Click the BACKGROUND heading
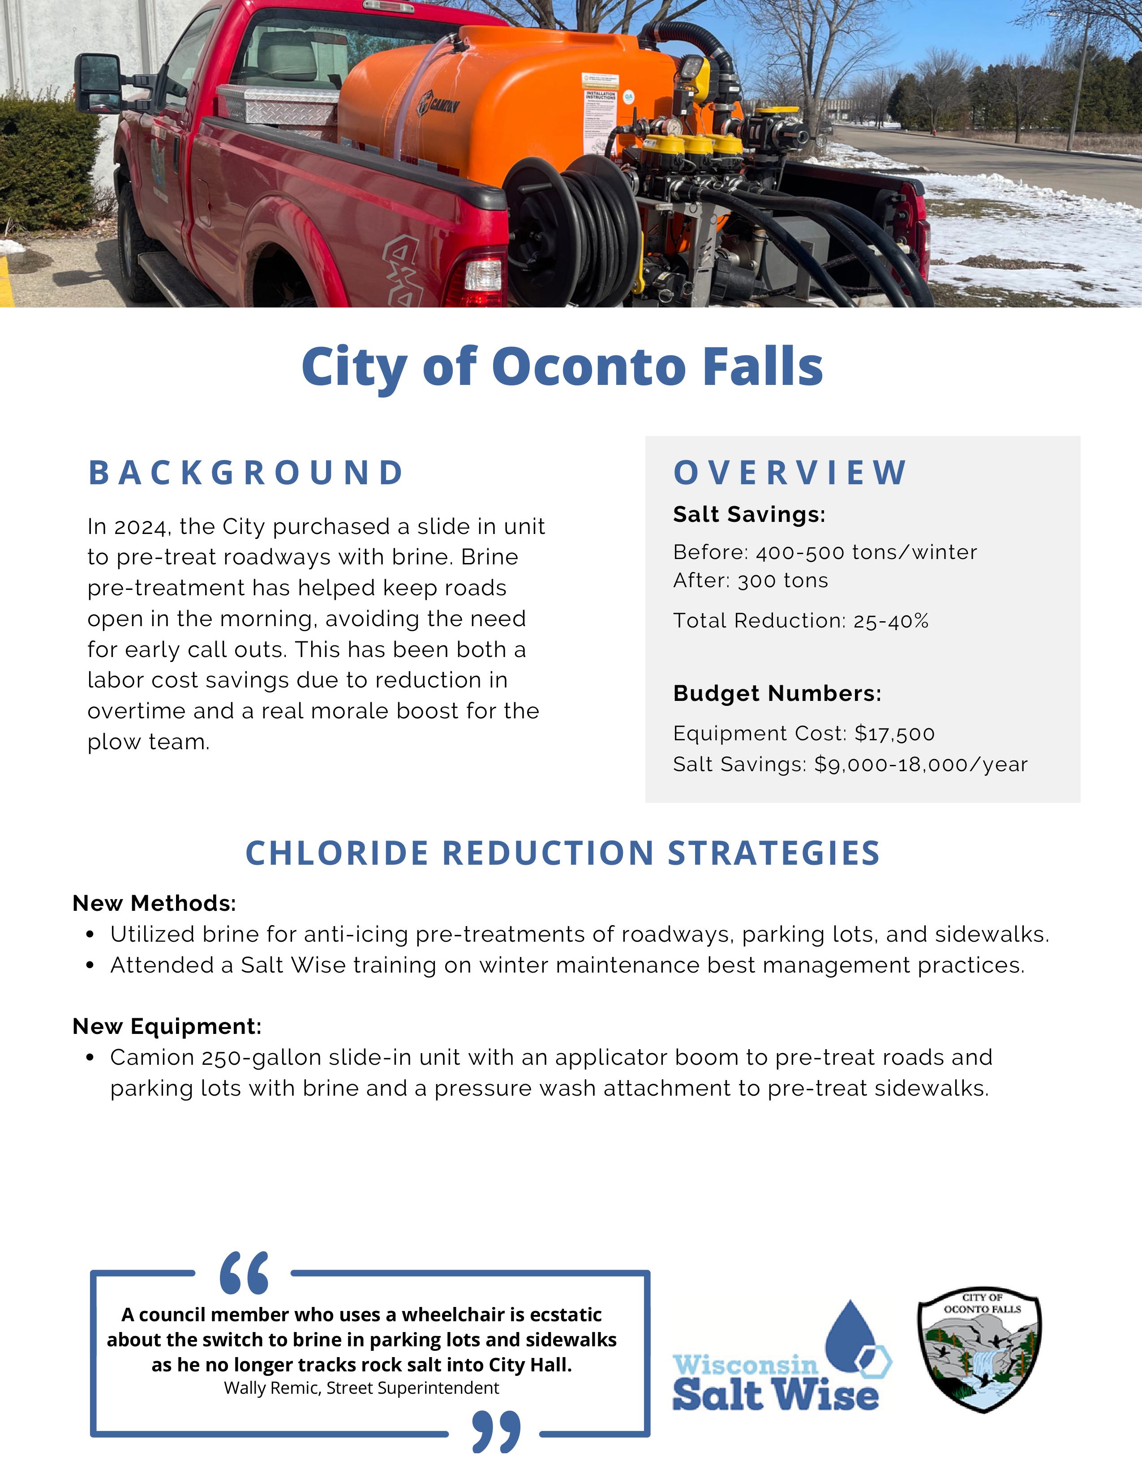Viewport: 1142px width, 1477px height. tap(247, 473)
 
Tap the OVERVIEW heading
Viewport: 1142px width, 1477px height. tap(790, 473)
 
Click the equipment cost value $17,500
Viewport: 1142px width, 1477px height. tap(894, 734)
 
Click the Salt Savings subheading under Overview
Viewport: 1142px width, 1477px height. tap(749, 515)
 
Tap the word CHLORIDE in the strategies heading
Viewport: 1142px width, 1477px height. tap(337, 854)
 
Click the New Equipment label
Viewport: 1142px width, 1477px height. tap(167, 1027)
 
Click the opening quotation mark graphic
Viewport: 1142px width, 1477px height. tap(244, 1273)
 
